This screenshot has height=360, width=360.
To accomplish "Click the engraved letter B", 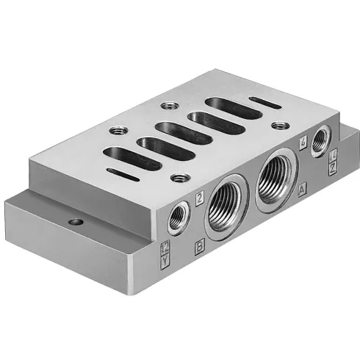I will click(x=199, y=248).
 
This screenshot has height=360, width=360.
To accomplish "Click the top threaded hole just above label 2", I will click(x=176, y=176).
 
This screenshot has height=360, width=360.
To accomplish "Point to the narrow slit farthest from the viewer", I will click(x=264, y=101).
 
